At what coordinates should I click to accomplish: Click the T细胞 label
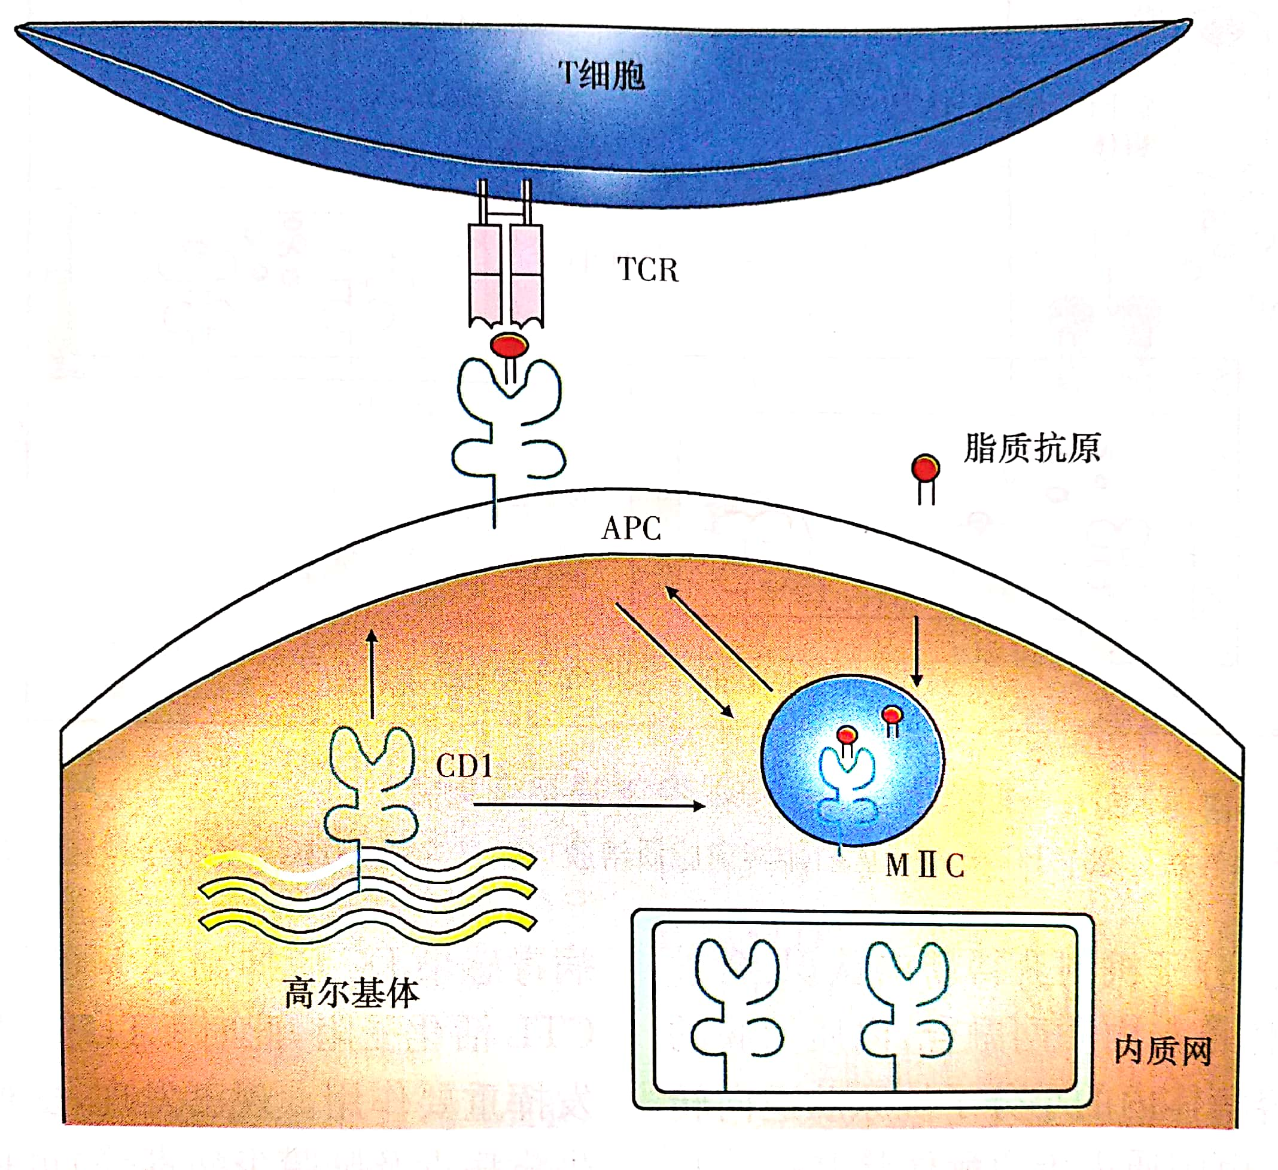coord(601,75)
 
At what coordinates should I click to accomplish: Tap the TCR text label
coord(647,270)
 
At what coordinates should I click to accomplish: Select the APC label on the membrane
coord(631,528)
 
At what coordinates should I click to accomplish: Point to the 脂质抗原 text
coord(1031,449)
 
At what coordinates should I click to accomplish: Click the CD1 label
coord(464,766)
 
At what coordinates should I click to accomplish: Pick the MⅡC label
coord(924,866)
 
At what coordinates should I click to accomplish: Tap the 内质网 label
coord(1163,1050)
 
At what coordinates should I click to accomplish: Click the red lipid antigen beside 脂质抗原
coord(925,469)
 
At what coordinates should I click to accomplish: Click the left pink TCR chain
coord(486,276)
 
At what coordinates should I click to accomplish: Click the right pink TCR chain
coord(526,276)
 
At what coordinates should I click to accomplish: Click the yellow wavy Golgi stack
coord(368,894)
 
